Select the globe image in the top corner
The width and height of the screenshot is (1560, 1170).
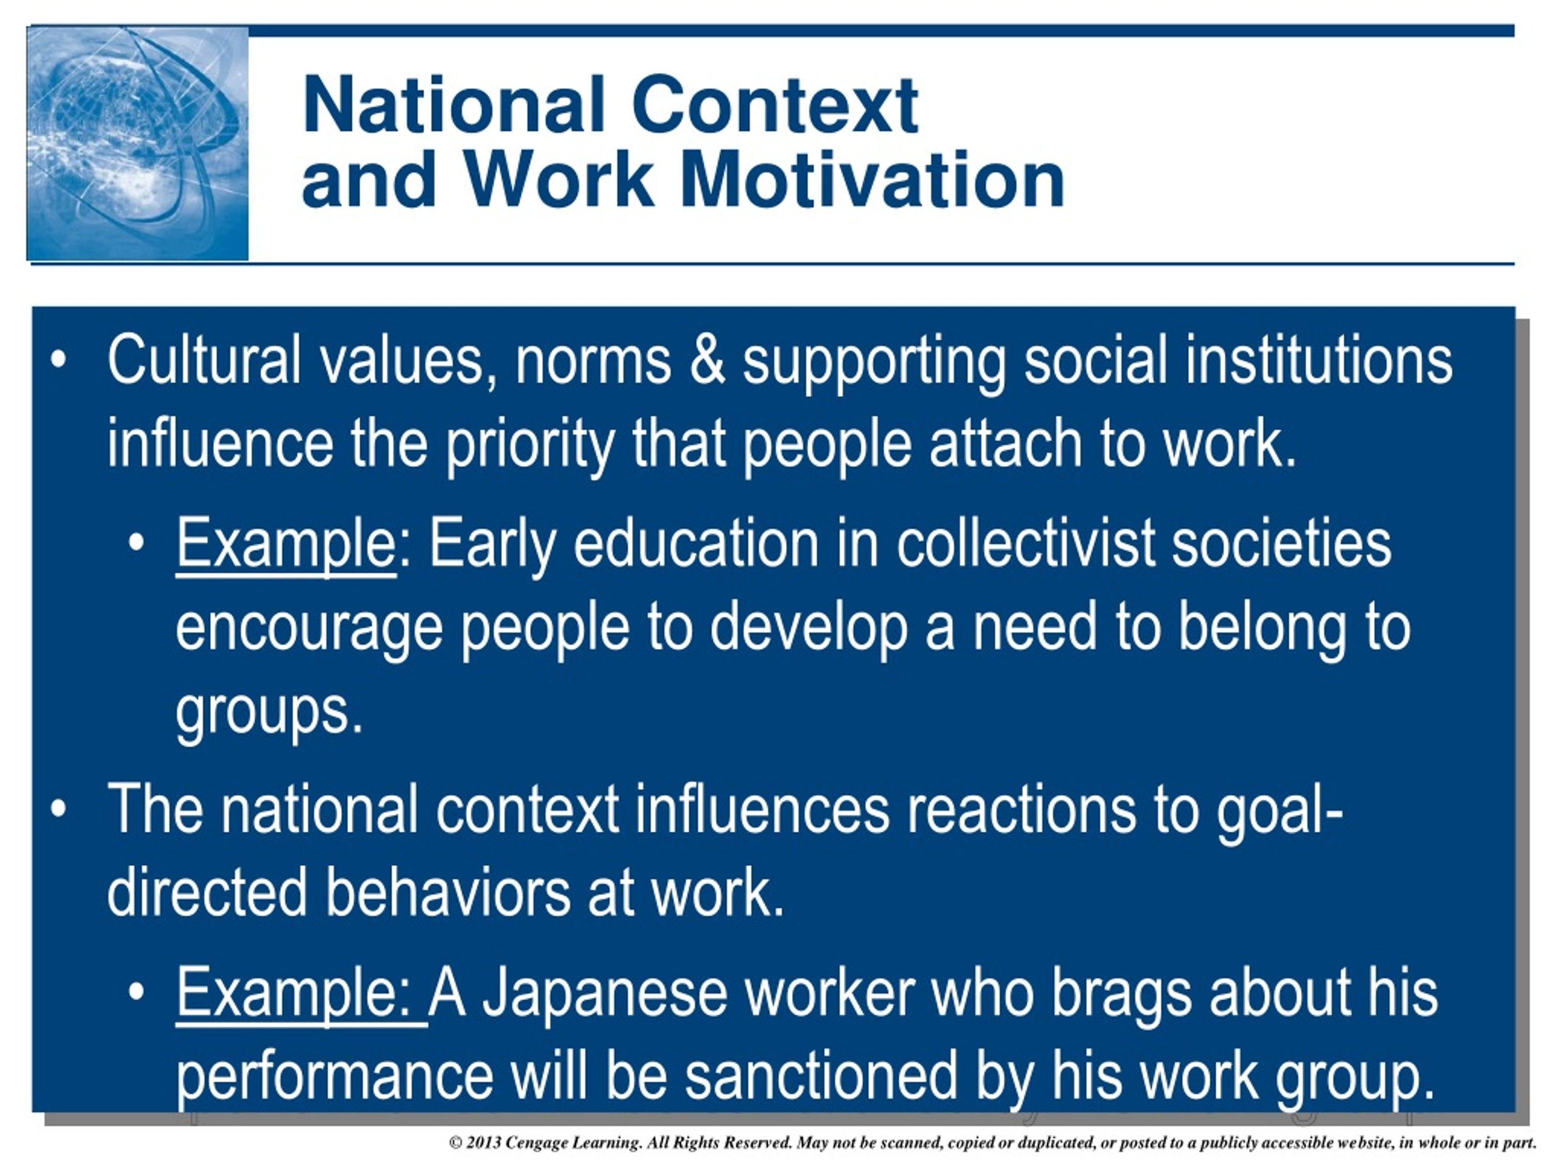(x=138, y=144)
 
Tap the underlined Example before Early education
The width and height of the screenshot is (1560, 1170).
(x=286, y=547)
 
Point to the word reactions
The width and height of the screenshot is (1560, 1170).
(x=1021, y=810)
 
